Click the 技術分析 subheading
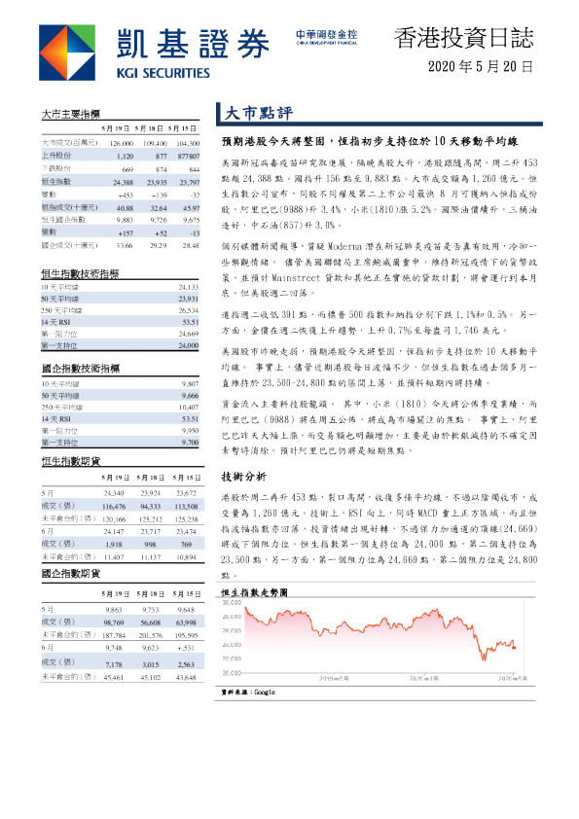(243, 478)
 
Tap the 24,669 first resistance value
(183, 334)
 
